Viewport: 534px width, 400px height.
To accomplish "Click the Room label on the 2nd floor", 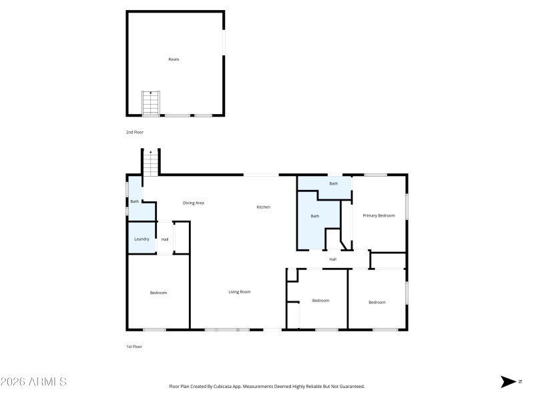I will point(174,59).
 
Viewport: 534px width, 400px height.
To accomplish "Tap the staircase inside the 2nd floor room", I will point(151,104).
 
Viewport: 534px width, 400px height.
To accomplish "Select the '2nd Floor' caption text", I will point(135,133).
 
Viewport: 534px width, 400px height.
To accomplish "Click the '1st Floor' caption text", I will point(134,347).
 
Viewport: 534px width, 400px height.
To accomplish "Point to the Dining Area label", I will point(194,203).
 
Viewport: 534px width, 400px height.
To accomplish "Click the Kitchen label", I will point(264,207).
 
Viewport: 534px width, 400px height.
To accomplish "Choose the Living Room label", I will point(240,292).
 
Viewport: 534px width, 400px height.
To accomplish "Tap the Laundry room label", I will point(142,239).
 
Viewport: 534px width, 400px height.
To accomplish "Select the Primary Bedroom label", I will point(378,215).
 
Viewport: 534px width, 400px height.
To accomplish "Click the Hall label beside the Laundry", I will point(165,239).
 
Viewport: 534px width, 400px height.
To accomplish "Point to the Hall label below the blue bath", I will point(332,259).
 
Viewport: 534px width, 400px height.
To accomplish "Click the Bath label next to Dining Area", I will point(134,201).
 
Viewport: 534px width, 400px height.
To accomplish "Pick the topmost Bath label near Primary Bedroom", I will point(333,183).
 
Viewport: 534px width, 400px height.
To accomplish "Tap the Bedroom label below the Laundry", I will point(158,293).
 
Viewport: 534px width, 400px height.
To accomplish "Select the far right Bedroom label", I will point(377,303).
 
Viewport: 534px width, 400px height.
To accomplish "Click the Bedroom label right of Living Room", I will point(321,301).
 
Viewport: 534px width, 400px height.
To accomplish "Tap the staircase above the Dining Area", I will point(151,164).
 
